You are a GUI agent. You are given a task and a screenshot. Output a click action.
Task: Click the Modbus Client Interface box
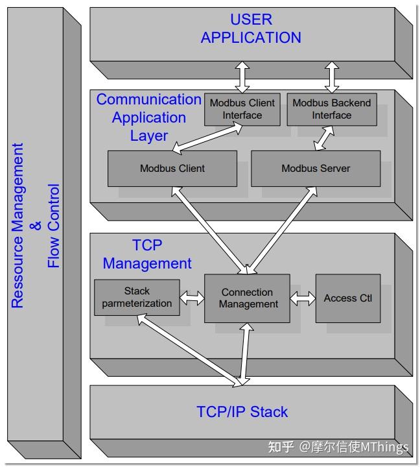click(242, 109)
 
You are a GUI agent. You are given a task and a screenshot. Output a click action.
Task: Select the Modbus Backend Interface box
click(331, 109)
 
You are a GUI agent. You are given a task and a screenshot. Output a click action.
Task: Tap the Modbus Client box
click(172, 168)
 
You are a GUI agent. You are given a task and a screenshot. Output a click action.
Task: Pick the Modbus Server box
click(316, 168)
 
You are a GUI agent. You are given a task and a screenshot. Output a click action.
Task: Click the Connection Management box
click(246, 298)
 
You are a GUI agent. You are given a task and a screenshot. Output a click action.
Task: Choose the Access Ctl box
click(348, 298)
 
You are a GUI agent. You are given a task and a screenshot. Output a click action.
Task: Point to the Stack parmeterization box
click(137, 298)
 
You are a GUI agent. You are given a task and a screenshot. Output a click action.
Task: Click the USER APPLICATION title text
click(251, 29)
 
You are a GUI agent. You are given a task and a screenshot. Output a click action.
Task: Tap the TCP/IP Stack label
click(242, 412)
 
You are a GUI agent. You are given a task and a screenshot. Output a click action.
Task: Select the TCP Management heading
click(147, 254)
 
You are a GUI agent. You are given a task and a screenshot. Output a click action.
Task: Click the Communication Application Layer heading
click(149, 117)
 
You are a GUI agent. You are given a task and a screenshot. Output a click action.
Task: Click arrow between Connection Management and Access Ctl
click(302, 299)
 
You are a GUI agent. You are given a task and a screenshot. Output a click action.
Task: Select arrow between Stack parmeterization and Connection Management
click(192, 299)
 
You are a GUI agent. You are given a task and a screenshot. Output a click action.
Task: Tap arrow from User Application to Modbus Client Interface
click(242, 77)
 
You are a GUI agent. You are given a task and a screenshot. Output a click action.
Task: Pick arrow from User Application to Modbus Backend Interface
click(332, 77)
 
